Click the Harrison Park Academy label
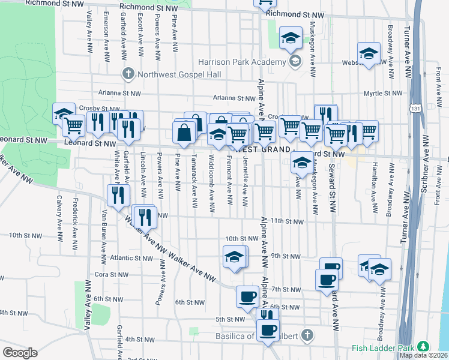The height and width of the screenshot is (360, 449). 242,62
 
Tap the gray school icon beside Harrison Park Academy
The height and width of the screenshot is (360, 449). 294,61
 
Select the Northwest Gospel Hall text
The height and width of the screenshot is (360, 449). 171,74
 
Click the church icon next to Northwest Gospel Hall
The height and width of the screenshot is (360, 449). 127,74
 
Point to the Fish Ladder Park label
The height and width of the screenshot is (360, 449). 384,347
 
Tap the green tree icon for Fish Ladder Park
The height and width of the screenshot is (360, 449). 424,347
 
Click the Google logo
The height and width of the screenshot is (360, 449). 20,353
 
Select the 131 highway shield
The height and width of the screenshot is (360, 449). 415,109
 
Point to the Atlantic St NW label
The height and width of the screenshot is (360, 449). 132,259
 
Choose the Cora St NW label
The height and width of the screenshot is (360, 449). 109,274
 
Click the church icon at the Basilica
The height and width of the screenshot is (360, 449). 307,334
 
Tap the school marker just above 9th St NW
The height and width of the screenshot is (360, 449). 234,257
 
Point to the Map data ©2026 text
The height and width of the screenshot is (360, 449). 423,355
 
